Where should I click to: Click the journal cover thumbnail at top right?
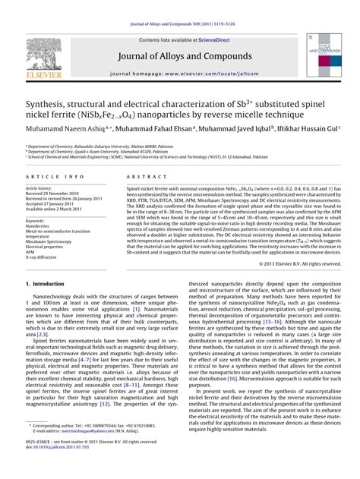(x=325, y=54)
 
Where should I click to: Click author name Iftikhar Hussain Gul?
(x=307, y=129)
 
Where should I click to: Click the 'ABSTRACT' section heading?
(x=142, y=175)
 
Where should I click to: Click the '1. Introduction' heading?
(x=49, y=283)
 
